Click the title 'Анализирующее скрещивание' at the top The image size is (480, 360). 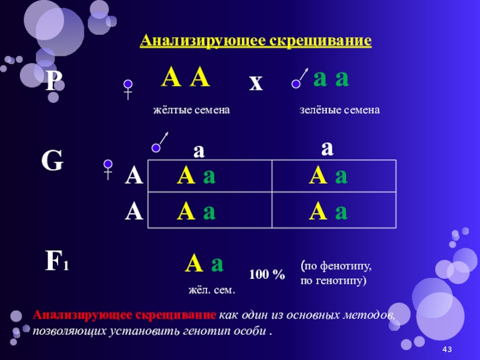[256, 41]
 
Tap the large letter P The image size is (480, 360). [54, 82]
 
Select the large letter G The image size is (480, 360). [52, 161]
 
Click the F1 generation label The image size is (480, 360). [56, 261]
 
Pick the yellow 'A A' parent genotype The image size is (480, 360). [187, 78]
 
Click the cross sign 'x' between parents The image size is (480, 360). [256, 83]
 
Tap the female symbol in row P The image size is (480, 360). [128, 89]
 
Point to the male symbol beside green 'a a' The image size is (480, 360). [300, 79]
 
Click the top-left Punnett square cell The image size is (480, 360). [210, 176]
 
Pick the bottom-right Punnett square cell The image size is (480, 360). [334, 211]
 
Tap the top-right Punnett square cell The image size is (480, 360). [334, 176]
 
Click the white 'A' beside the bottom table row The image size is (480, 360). [133, 212]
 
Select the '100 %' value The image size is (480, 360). [267, 275]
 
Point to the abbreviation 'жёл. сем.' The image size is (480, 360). [212, 290]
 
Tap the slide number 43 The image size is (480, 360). [446, 350]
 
